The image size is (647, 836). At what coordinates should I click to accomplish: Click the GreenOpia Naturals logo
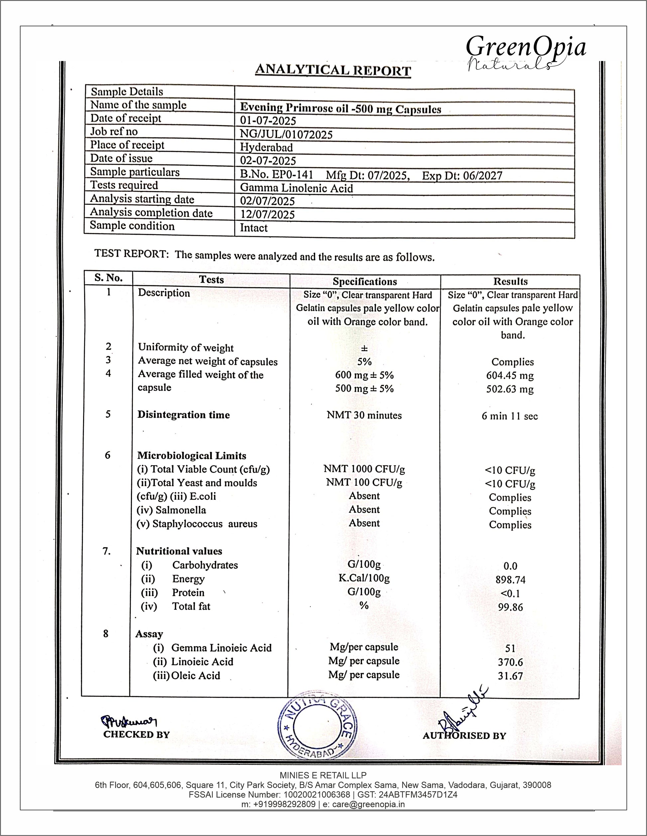(x=525, y=52)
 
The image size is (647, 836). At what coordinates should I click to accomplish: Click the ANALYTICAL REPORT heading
(x=333, y=70)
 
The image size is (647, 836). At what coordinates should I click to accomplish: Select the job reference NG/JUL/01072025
(x=286, y=135)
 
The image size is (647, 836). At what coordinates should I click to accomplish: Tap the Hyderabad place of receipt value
(x=266, y=147)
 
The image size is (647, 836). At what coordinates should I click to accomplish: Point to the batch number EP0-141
(x=293, y=175)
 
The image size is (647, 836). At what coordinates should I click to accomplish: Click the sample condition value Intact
(x=254, y=228)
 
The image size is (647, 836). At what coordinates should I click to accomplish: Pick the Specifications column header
(x=365, y=281)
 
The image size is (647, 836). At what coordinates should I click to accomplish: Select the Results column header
(x=510, y=281)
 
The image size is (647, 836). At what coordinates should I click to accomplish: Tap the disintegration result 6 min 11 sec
(x=509, y=416)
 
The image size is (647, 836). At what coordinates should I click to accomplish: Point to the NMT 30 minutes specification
(x=364, y=415)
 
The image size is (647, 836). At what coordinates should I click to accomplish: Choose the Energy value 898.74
(x=510, y=580)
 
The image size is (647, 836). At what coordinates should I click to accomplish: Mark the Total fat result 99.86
(x=510, y=607)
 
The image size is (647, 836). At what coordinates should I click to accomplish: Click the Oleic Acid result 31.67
(x=510, y=676)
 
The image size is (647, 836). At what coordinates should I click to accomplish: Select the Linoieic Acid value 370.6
(x=510, y=662)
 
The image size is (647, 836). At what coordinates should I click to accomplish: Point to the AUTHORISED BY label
(x=464, y=736)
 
